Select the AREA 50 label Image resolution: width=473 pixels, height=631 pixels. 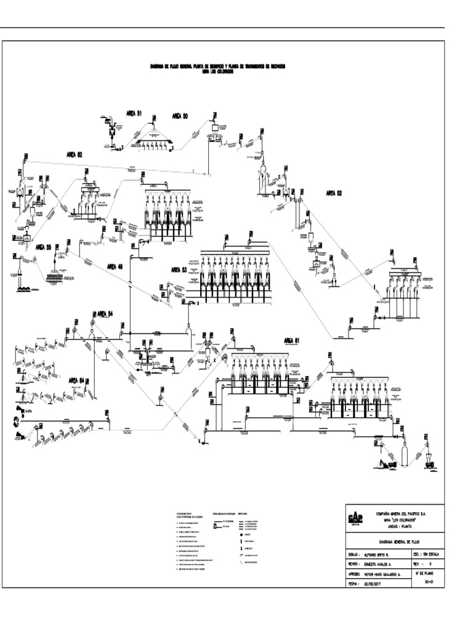click(x=180, y=116)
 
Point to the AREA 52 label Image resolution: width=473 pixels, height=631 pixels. click(x=334, y=193)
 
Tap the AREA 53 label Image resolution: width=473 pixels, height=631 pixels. click(x=179, y=269)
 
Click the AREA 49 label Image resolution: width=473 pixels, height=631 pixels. click(x=115, y=267)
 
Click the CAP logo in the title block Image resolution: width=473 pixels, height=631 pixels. click(x=355, y=519)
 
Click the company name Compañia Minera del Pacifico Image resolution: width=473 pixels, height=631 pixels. click(x=401, y=513)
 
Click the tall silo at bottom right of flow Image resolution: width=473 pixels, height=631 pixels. click(x=405, y=456)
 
